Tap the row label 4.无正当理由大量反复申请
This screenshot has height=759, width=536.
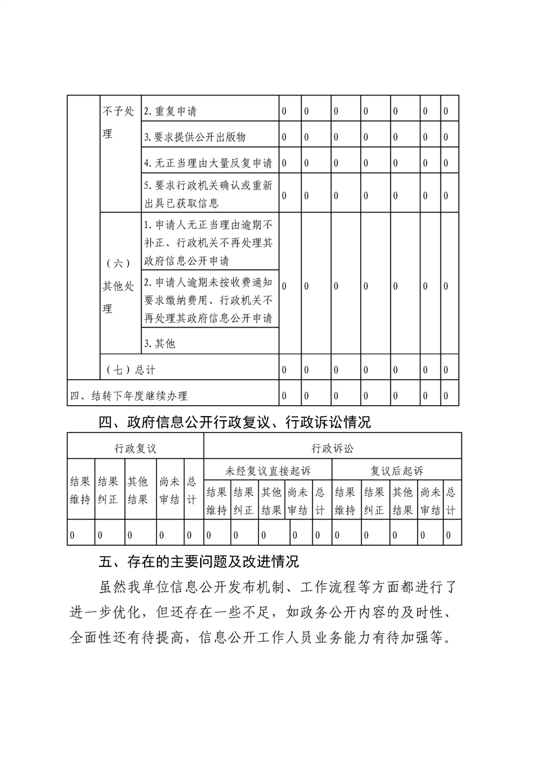coord(208,163)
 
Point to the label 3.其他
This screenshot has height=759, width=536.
coord(160,344)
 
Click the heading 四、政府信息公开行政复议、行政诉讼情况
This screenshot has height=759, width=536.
coord(235,423)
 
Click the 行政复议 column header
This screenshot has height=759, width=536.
coord(135,448)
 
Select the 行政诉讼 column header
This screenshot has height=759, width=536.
coord(333,448)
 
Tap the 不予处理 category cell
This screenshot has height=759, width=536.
coord(119,122)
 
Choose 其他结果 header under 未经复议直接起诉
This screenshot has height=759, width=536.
coord(272,501)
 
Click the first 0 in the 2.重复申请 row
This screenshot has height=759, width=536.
coord(285,111)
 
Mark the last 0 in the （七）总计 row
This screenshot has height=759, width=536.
coord(446,370)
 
